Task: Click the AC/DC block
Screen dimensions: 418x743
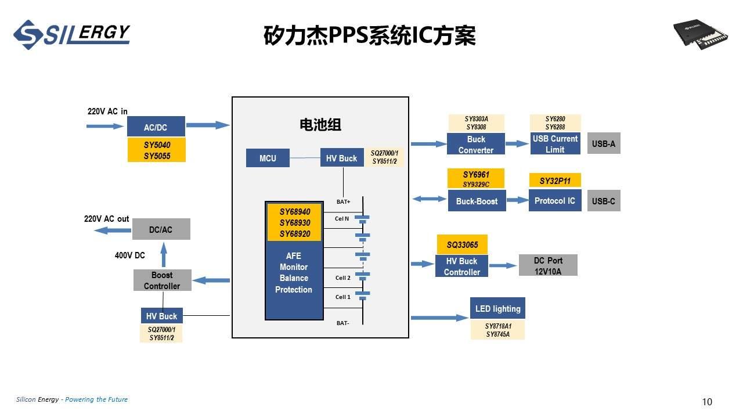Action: click(x=156, y=127)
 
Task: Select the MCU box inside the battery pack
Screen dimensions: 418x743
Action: click(x=268, y=158)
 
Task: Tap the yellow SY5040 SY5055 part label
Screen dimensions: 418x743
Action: click(x=156, y=150)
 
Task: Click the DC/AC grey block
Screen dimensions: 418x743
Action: click(x=161, y=229)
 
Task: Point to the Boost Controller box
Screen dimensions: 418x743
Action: click(x=162, y=280)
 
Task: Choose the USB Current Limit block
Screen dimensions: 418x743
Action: click(x=555, y=143)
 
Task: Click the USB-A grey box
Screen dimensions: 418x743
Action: click(x=604, y=143)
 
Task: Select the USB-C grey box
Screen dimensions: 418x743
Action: click(x=604, y=201)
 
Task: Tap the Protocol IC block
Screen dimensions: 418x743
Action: click(x=555, y=201)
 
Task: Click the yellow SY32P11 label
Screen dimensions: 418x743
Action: click(x=555, y=181)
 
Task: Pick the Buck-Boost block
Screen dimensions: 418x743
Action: click(x=477, y=201)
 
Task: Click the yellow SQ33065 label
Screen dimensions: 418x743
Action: click(x=462, y=244)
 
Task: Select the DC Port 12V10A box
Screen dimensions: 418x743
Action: click(x=548, y=265)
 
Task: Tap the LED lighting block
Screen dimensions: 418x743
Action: click(x=497, y=308)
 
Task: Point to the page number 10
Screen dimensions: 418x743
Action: click(x=706, y=402)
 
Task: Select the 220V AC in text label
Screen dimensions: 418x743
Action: click(x=107, y=111)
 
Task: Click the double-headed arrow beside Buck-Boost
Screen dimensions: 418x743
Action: click(x=430, y=199)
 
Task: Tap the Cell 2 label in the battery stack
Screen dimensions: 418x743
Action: click(x=342, y=278)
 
